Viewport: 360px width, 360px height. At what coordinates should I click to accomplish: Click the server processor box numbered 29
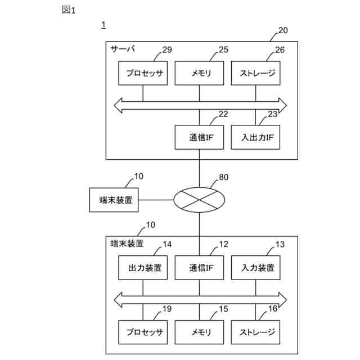click(x=143, y=73)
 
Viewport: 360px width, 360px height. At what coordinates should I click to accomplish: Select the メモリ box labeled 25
click(x=199, y=73)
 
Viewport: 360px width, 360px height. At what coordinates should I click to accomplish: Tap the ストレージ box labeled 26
click(x=255, y=73)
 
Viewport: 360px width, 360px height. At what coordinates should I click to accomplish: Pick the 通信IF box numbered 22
click(x=199, y=137)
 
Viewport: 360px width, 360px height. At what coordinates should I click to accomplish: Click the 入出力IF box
click(x=255, y=137)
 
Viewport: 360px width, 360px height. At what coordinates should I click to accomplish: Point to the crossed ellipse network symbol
click(x=199, y=200)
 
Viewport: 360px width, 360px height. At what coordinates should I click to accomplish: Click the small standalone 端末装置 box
click(x=114, y=200)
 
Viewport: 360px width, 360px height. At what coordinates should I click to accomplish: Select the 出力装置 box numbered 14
click(x=143, y=268)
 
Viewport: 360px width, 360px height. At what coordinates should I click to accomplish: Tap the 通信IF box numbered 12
click(x=199, y=268)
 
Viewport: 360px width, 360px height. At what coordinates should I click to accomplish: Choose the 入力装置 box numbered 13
click(x=255, y=268)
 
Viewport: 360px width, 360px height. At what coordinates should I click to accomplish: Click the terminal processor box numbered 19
click(x=143, y=332)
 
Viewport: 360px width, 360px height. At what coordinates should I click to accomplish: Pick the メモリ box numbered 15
click(x=199, y=332)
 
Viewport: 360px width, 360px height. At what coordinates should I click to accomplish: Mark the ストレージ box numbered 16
click(x=255, y=332)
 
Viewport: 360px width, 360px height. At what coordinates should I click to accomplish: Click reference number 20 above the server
click(x=283, y=30)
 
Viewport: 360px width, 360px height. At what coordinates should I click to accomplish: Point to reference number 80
click(x=224, y=177)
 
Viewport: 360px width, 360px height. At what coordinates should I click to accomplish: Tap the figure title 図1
click(x=69, y=10)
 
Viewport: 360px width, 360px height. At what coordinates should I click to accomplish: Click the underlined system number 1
click(x=103, y=25)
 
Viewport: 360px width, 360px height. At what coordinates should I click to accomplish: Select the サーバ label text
click(x=123, y=49)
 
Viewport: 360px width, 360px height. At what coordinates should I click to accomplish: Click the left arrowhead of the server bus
click(x=118, y=106)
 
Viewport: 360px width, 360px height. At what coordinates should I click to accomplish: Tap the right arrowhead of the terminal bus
click(x=282, y=300)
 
